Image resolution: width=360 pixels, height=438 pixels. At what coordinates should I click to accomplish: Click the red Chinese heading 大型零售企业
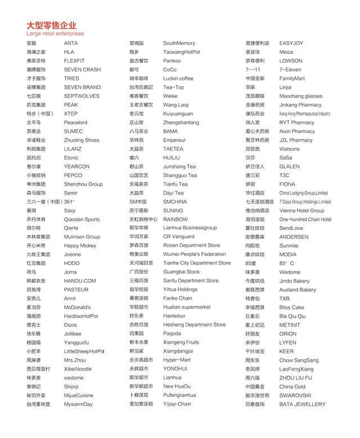[51, 25]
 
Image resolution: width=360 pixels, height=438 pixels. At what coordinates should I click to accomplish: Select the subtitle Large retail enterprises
[55, 34]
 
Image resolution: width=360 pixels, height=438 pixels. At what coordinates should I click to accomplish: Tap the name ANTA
[71, 43]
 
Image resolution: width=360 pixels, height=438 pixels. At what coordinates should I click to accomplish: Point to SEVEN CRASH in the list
[82, 70]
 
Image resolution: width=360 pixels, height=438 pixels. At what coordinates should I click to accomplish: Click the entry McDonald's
[77, 308]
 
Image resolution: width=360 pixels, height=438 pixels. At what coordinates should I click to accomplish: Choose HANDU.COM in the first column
[80, 281]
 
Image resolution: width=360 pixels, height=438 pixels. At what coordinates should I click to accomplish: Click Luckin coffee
[178, 79]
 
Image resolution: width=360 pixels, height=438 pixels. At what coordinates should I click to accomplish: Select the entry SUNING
[173, 210]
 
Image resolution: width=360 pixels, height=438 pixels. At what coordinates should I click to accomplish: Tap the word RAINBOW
[175, 219]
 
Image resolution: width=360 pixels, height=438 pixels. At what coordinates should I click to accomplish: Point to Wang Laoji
[176, 105]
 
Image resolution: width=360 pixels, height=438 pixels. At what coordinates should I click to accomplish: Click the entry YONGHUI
[175, 369]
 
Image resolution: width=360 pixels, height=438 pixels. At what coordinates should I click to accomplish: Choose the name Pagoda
[172, 333]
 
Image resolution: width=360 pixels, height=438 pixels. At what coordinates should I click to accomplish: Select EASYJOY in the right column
[291, 43]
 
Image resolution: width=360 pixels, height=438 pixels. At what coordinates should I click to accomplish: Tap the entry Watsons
[289, 149]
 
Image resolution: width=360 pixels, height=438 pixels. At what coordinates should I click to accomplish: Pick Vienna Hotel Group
[301, 210]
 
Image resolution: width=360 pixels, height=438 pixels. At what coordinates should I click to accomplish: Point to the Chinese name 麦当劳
[34, 308]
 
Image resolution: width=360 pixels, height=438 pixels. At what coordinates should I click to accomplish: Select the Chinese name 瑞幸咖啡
[138, 79]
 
